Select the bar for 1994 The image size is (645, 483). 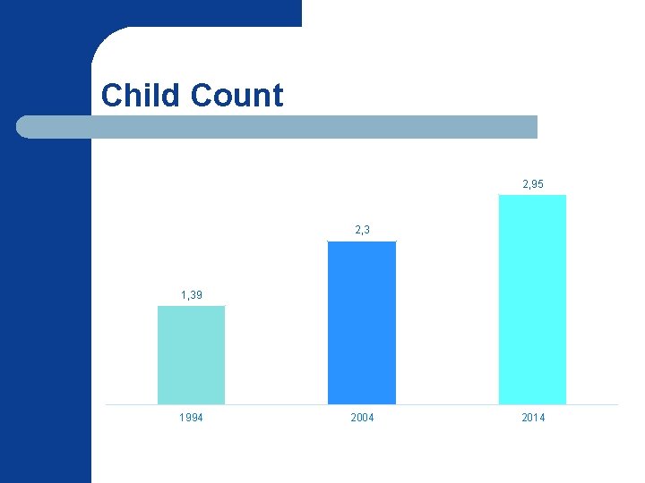click(x=191, y=355)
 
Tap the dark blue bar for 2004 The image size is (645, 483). click(x=362, y=323)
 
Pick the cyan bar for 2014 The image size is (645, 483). click(x=532, y=300)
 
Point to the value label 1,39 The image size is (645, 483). click(x=191, y=294)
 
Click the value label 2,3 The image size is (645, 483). click(x=362, y=230)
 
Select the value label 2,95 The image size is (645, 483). click(x=532, y=183)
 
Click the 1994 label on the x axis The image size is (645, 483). click(x=191, y=418)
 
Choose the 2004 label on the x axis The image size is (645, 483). click(x=362, y=418)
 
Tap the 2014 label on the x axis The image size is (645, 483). click(x=532, y=418)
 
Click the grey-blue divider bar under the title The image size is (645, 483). click(x=278, y=127)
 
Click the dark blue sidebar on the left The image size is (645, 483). click(x=45, y=313)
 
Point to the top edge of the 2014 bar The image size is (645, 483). click(x=532, y=196)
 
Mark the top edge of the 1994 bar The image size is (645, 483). click(x=191, y=307)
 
